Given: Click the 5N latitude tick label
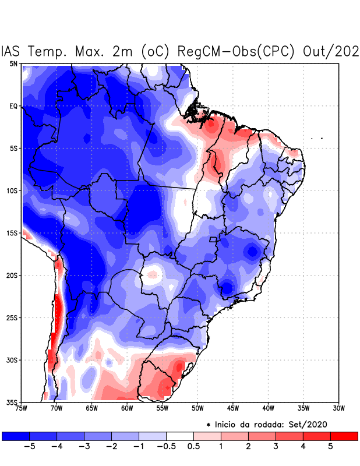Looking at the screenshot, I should [x=13, y=63].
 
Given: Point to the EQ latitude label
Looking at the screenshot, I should [x=13, y=106].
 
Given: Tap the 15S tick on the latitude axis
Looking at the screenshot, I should [x=11, y=233].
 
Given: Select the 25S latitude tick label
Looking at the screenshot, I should [x=11, y=317].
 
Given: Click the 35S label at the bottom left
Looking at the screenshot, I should [x=11, y=402].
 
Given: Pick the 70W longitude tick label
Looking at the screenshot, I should [x=56, y=409].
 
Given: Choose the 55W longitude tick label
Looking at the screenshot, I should [x=162, y=409].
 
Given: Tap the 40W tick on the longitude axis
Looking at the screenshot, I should [x=268, y=409].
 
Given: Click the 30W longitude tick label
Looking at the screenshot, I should [x=339, y=409].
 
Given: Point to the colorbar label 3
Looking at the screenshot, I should [x=276, y=446].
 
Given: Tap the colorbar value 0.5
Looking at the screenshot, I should [x=193, y=446].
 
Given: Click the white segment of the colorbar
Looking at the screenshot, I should [x=179, y=436].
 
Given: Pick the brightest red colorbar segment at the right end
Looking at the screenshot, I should [x=344, y=436].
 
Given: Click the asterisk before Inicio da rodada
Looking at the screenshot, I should [x=208, y=426].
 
